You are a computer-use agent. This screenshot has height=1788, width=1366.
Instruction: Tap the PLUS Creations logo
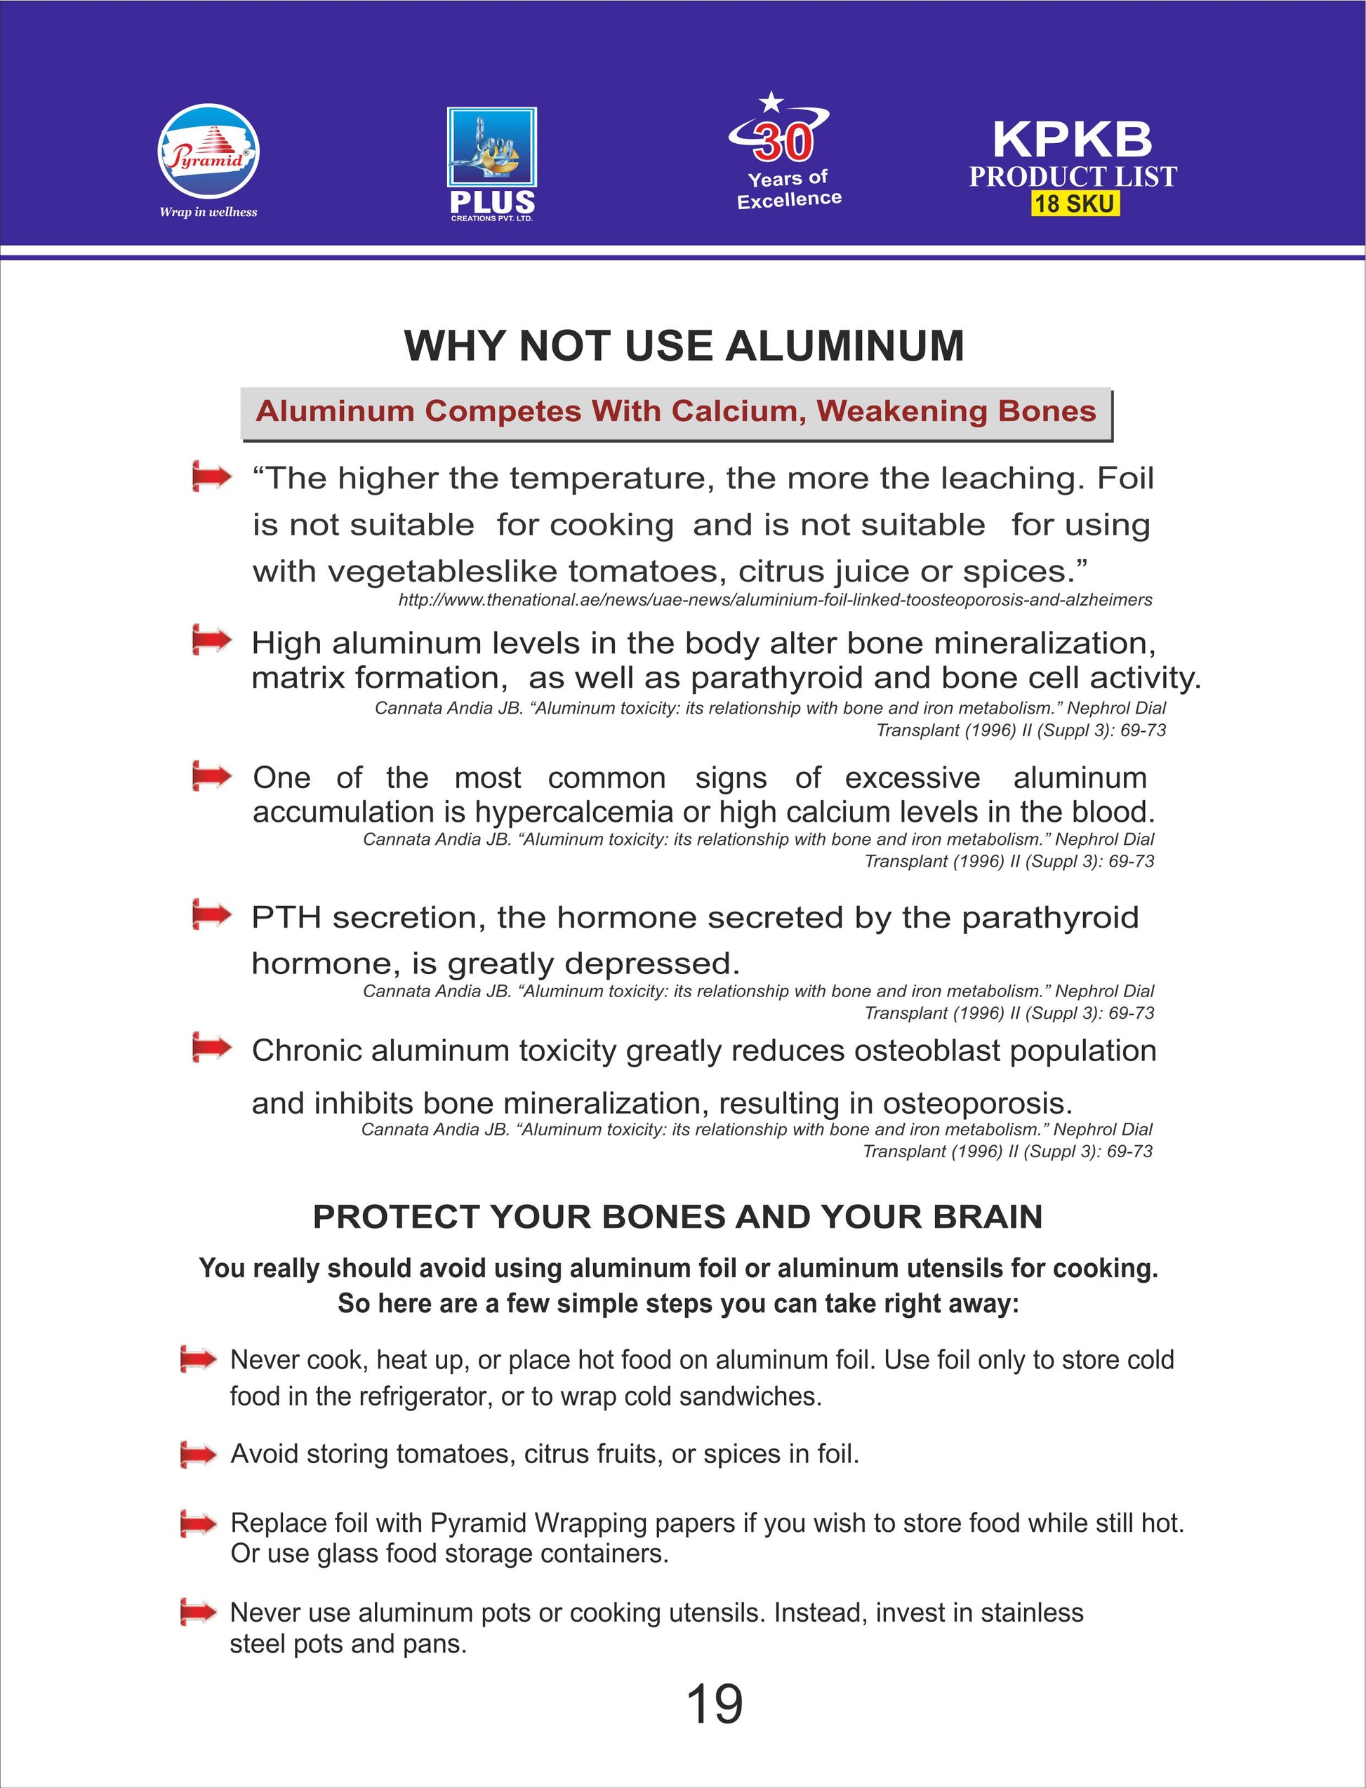tap(492, 163)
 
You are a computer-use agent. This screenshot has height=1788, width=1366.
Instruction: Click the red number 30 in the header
tap(783, 142)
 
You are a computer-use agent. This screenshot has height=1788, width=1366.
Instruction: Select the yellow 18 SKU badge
tap(1074, 204)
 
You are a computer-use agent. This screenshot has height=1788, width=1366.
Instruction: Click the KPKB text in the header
tap(1073, 139)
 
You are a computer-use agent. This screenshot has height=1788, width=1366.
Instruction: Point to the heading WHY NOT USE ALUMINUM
tap(684, 345)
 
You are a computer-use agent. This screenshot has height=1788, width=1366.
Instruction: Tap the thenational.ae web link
tap(775, 600)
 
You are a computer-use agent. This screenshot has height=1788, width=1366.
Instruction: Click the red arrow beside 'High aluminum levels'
tap(211, 641)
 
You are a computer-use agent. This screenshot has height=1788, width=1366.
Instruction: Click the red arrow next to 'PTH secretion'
tap(211, 915)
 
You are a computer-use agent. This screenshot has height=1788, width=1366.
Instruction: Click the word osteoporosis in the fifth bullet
tap(977, 1103)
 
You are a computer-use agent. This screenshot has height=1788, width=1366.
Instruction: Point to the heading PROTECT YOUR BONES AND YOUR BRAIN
tap(677, 1217)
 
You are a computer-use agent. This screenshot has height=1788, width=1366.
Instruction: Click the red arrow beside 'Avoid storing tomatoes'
tap(199, 1454)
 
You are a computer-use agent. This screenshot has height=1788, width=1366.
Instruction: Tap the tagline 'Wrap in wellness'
tap(208, 212)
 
